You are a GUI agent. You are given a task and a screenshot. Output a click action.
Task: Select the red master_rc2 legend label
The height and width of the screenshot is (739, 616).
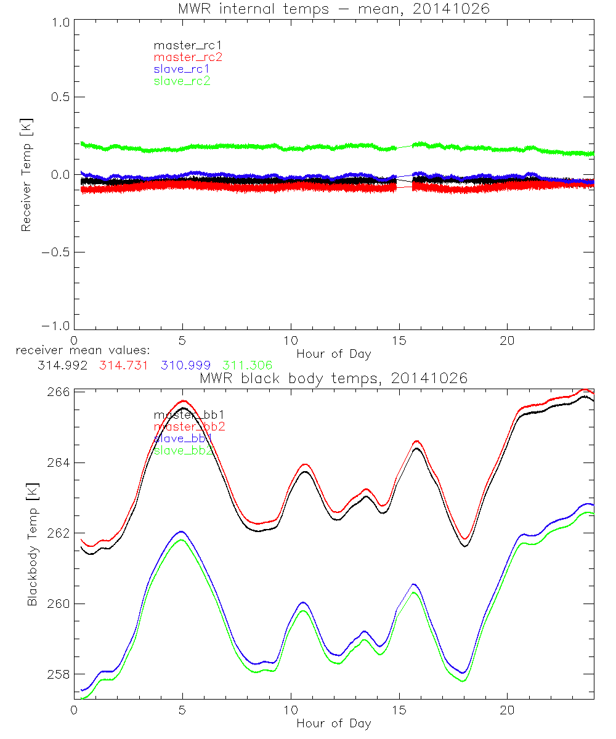[x=188, y=57]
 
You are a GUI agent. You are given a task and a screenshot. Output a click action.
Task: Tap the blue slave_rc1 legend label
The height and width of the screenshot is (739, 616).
[x=182, y=69]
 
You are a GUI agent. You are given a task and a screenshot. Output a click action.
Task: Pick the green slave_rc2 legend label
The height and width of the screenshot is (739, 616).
[x=182, y=81]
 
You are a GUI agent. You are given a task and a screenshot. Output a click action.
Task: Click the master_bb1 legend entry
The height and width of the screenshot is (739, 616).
[x=183, y=415]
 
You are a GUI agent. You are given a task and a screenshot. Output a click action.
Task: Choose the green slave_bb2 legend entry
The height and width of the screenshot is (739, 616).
[x=183, y=450]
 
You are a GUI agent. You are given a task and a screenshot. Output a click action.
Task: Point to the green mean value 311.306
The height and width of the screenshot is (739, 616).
[x=247, y=365]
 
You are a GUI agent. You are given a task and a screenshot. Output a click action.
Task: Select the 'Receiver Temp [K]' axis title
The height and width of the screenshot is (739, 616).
[x=26, y=174]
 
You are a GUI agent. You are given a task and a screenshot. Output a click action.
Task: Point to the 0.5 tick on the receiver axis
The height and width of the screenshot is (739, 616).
[x=60, y=97]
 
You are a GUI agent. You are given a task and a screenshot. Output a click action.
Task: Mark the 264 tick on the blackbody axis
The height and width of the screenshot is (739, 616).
[x=60, y=462]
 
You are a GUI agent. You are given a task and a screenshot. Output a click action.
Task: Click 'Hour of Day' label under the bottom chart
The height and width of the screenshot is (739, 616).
[x=333, y=723]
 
